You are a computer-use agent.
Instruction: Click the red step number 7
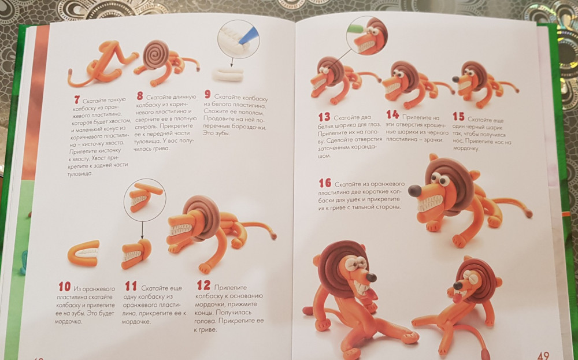[77, 99]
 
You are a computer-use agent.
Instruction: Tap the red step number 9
[208, 94]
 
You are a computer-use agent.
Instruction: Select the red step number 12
[203, 285]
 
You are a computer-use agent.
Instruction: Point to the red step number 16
[325, 183]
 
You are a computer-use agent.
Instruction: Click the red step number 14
[392, 114]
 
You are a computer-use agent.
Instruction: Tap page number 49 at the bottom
[543, 355]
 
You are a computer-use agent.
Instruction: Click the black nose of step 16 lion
[414, 191]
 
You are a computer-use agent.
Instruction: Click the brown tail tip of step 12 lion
[273, 235]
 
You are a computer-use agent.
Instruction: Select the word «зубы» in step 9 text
[221, 133]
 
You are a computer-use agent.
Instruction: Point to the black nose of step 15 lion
[455, 79]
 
